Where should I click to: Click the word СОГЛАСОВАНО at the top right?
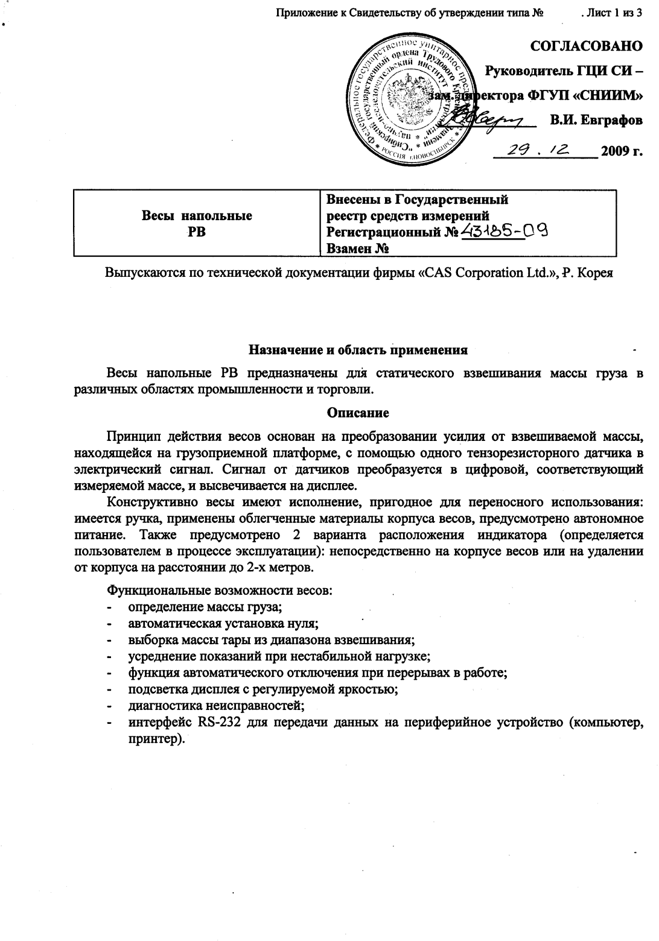(585, 46)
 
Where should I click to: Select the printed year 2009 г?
(621, 151)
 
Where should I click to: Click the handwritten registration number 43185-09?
(505, 232)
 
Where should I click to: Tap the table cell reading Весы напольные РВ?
(197, 223)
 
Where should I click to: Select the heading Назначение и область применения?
(358, 349)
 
